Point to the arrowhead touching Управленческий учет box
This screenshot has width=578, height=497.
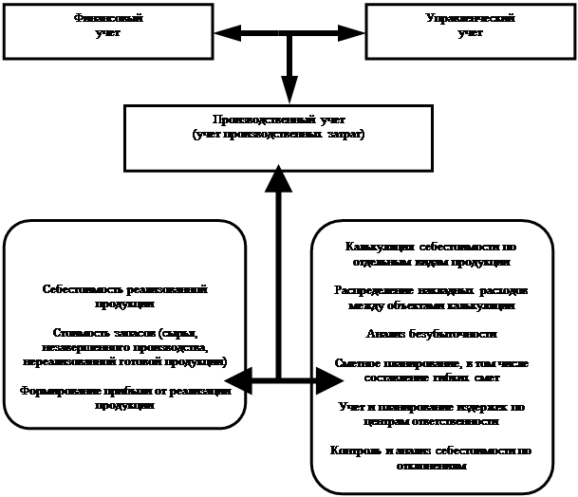coord(353,34)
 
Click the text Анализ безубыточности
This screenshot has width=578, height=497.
coord(431,334)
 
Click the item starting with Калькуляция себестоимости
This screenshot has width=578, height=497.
coord(430,253)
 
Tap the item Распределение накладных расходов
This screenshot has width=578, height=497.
coord(430,298)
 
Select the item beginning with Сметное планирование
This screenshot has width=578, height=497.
coord(430,370)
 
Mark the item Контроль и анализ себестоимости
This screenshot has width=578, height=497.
coord(430,457)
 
